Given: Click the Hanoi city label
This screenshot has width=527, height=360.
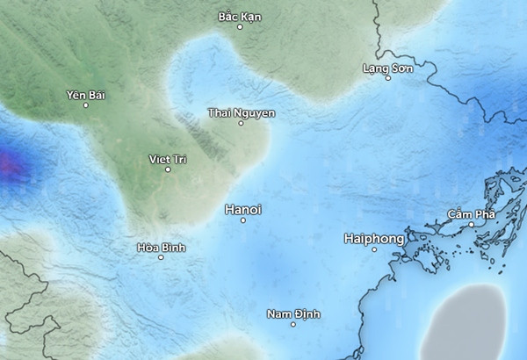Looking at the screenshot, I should pos(243,209).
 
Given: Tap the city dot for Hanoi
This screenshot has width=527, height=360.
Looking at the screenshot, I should pos(243,220).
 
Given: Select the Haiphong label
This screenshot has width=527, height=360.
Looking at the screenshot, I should pos(374,238).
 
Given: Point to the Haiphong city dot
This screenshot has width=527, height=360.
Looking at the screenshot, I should pos(374,249).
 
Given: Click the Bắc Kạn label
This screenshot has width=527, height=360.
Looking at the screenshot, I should pos(240,17).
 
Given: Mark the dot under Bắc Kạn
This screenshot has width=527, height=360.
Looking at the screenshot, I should pos(240,27).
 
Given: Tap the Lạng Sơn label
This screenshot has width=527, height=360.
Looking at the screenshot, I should pos(387,68).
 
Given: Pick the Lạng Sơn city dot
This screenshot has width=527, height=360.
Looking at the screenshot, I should pos(388,78).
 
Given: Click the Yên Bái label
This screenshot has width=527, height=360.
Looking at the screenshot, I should pos(85,94).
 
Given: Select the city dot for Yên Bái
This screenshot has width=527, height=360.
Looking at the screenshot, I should pos(85,105).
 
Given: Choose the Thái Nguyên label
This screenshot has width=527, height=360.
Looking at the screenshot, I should pos(242,112).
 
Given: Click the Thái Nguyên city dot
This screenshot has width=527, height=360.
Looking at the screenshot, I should pos(242,123).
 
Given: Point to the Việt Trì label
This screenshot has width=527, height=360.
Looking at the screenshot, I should pos(168,158).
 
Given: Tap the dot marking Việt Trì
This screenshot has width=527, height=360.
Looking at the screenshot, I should pos(168,169).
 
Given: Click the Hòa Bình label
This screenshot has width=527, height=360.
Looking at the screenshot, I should pos(161,247).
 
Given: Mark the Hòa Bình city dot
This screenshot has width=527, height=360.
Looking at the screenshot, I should pos(161,257).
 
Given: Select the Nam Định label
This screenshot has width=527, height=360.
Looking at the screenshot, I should pos(293,313).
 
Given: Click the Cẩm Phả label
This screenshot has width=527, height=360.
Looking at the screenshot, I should pos(472,214).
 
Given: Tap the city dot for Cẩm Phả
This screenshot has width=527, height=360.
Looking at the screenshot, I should pos(472,225).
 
